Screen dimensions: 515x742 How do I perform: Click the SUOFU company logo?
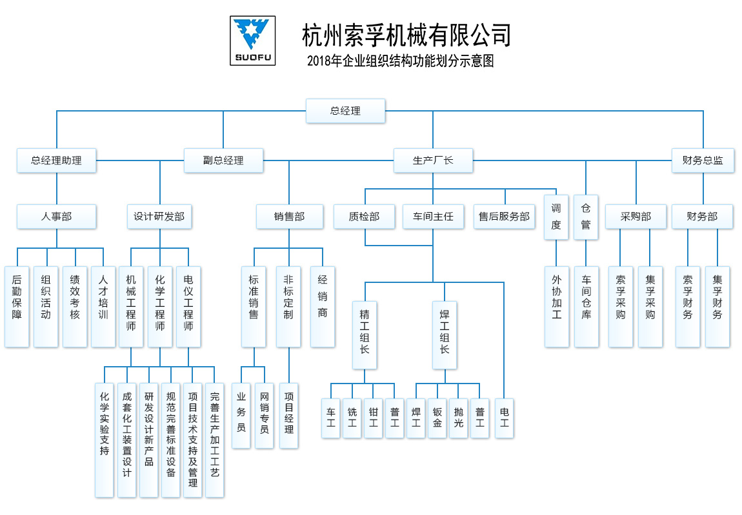(252, 41)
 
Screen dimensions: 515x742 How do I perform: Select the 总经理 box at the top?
(345, 111)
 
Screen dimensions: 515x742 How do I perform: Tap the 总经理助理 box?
(57, 160)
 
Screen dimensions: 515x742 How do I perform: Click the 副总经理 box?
(223, 160)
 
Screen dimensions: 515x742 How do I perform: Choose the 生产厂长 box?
(433, 160)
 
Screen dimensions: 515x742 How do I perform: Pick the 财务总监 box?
(703, 160)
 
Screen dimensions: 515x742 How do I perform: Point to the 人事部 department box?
(57, 217)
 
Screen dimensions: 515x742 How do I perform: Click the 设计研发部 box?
(159, 217)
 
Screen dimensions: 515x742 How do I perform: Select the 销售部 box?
(289, 217)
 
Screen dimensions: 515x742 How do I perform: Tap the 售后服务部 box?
(505, 217)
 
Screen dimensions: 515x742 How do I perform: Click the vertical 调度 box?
(556, 217)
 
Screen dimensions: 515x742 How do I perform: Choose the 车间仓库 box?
(586, 306)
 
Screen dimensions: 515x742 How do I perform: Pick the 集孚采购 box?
(650, 306)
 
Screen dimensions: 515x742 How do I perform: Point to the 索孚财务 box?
(687, 306)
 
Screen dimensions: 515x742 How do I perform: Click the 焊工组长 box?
(444, 335)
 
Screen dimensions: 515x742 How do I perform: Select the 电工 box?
(504, 418)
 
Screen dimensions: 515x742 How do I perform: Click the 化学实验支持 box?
(105, 440)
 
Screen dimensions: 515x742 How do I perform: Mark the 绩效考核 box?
(75, 306)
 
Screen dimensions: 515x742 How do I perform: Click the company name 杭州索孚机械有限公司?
(406, 35)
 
